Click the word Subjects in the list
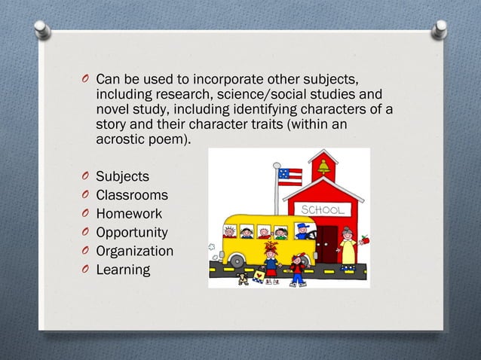[x=122, y=177]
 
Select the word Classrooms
[x=132, y=196]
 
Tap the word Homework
[x=129, y=214]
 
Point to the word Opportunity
[x=132, y=233]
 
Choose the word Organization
[x=134, y=251]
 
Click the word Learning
[x=123, y=269]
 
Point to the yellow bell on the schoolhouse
[x=323, y=166]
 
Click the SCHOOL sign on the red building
[x=323, y=209]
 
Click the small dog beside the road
[x=243, y=279]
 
